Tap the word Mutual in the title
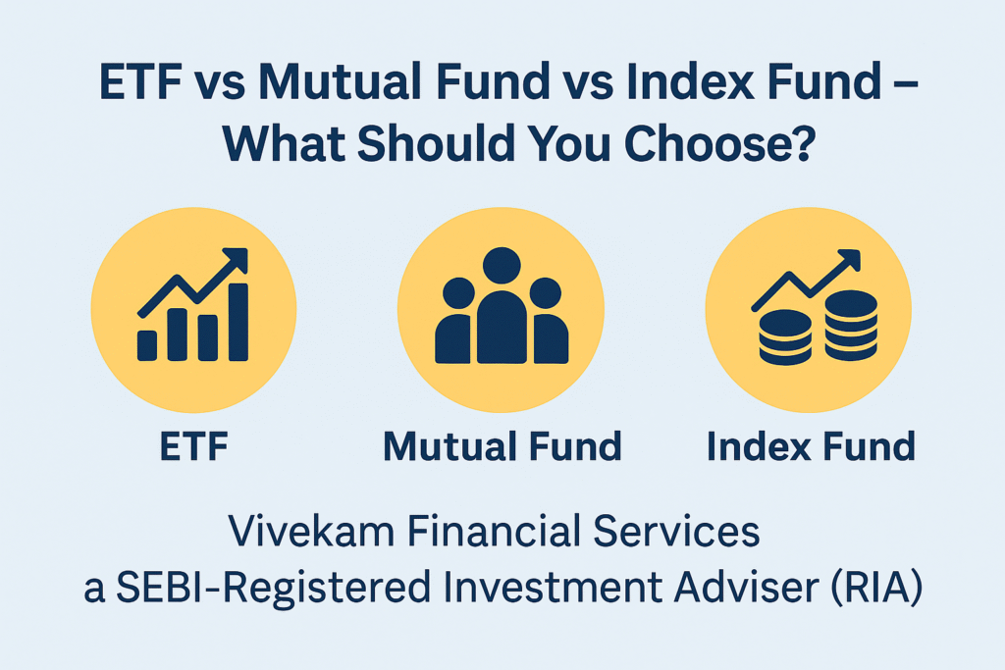[x=342, y=81]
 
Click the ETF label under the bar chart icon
[x=193, y=446]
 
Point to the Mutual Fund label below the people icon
[x=502, y=446]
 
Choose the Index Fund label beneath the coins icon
[x=811, y=446]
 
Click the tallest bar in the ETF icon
[x=238, y=322]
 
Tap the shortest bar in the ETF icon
[x=147, y=345]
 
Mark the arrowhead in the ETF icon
[x=236, y=258]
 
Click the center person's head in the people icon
[x=502, y=265]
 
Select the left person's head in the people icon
[x=458, y=293]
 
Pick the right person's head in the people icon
[x=546, y=293]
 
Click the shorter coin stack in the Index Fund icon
[x=785, y=336]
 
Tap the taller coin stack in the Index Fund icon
[x=851, y=326]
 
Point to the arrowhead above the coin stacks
[x=849, y=259]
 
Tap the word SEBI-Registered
[x=273, y=588]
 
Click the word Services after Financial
[x=676, y=532]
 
